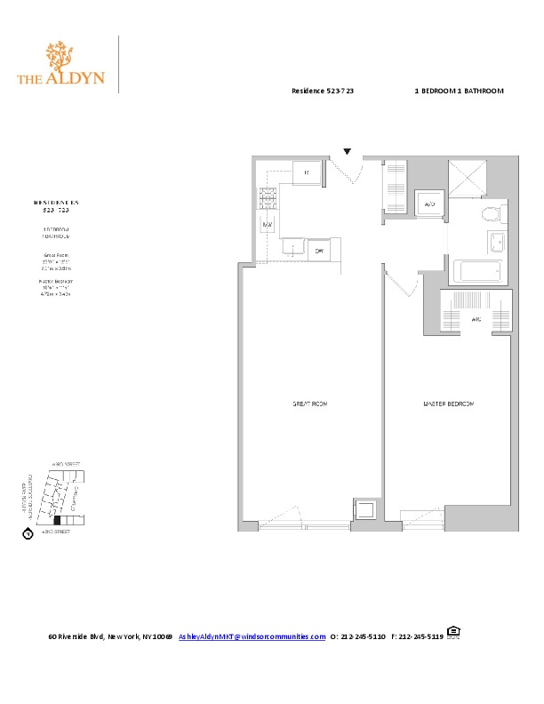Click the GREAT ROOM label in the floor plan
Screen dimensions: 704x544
pos(310,404)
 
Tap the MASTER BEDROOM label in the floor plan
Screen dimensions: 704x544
pos(447,404)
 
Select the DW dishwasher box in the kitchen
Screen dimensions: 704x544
pos(320,252)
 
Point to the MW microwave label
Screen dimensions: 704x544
pos(267,225)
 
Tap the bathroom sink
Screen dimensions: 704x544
pos(495,242)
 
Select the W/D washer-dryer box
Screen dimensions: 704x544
pos(429,204)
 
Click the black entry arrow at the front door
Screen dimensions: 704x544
pos(348,152)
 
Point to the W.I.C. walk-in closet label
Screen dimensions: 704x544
pos(476,322)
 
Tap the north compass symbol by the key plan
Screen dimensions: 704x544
pos(28,534)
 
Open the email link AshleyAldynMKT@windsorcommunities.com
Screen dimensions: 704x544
pos(252,636)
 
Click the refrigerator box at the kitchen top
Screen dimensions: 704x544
pos(305,172)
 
